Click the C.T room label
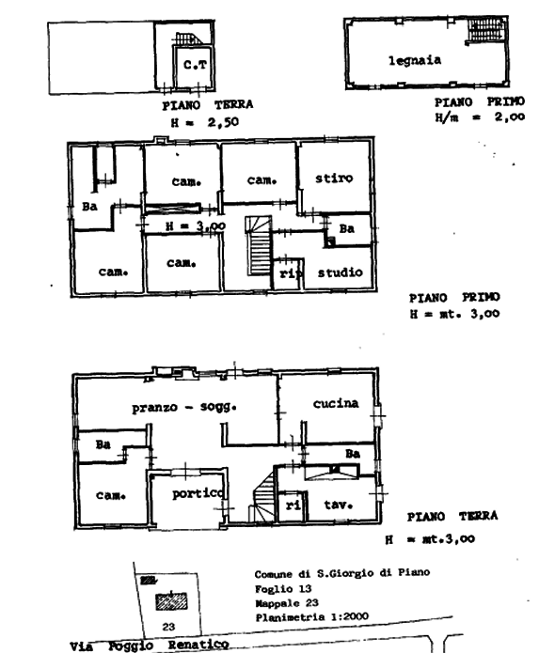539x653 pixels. pyautogui.click(x=195, y=65)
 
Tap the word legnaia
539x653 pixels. pyautogui.click(x=415, y=61)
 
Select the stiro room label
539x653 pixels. pyautogui.click(x=334, y=179)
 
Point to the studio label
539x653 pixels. pyautogui.click(x=341, y=272)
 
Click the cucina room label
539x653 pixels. pyautogui.click(x=336, y=403)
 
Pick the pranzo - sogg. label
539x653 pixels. pyautogui.click(x=184, y=407)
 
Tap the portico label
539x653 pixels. pyautogui.click(x=198, y=494)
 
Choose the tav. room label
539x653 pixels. pyautogui.click(x=339, y=505)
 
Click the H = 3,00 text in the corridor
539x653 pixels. pyautogui.click(x=196, y=226)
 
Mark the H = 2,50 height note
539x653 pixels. pyautogui.click(x=205, y=122)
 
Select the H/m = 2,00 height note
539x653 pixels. pyautogui.click(x=480, y=117)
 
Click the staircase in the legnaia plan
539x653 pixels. pyautogui.click(x=486, y=30)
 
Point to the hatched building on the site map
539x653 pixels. pyautogui.click(x=171, y=601)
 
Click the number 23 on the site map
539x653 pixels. pyautogui.click(x=168, y=627)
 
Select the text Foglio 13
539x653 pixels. pyautogui.click(x=283, y=588)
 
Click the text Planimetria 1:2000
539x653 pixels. pyautogui.click(x=311, y=616)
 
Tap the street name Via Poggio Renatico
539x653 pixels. pyautogui.click(x=150, y=645)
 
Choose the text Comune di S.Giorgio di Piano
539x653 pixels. pyautogui.click(x=342, y=573)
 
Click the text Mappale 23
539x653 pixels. pyautogui.click(x=287, y=603)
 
